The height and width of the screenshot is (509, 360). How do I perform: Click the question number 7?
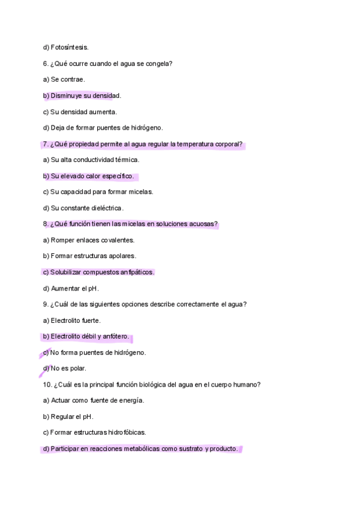pyautogui.click(x=46, y=144)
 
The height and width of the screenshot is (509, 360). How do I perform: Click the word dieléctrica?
pyautogui.click(x=104, y=208)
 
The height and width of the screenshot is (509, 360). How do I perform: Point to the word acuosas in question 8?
pyautogui.click(x=204, y=224)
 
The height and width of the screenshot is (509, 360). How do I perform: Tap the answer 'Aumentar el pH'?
pyautogui.click(x=75, y=288)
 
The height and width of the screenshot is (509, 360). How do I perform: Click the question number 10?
pyautogui.click(x=47, y=385)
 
